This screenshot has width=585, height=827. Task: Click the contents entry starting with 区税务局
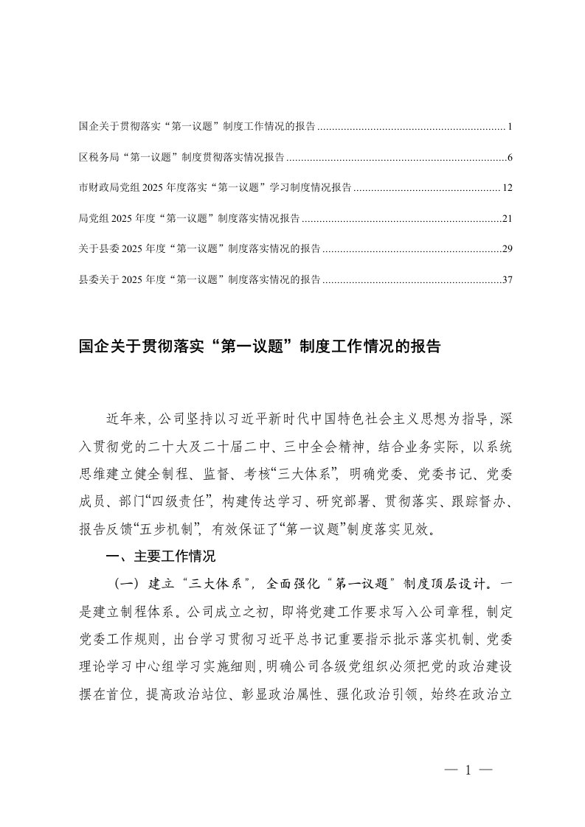(x=181, y=158)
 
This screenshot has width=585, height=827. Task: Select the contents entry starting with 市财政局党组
(x=215, y=188)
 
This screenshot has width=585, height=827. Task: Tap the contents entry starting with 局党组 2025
(x=189, y=219)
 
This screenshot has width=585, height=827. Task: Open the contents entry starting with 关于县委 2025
(x=199, y=249)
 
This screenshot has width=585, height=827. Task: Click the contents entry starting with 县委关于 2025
(x=199, y=280)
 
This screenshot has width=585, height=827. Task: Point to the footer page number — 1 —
(x=468, y=771)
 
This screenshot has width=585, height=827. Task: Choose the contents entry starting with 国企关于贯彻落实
(x=197, y=128)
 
